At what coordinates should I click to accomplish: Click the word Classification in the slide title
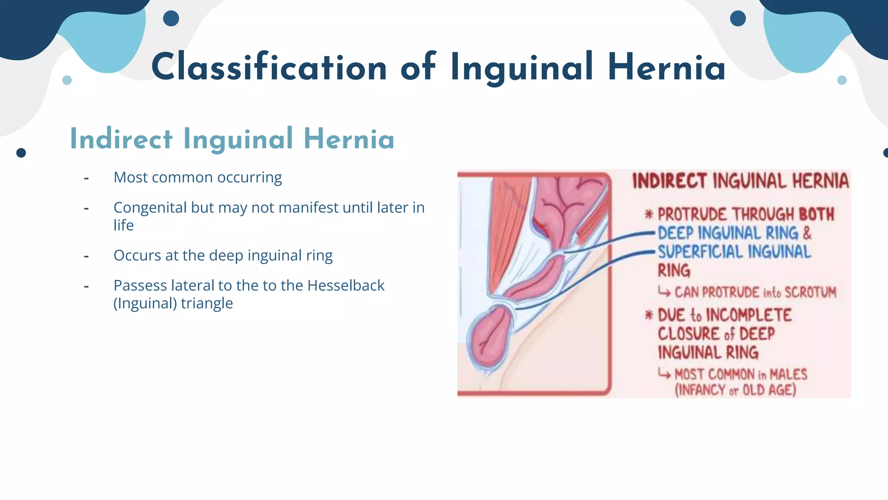[269, 67]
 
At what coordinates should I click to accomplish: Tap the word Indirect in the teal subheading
[121, 139]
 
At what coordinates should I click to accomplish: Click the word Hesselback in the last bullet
[346, 286]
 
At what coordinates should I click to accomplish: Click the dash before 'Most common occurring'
[86, 178]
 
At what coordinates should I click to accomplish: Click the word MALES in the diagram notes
[788, 374]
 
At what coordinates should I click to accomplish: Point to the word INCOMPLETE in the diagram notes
[749, 315]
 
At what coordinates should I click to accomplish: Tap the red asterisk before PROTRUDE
[649, 214]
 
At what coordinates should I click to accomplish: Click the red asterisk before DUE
[649, 315]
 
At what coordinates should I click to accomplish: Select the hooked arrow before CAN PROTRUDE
[664, 292]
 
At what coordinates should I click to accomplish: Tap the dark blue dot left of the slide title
[171, 19]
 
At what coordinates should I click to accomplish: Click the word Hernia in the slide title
[666, 67]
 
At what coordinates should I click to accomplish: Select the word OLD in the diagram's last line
[754, 390]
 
